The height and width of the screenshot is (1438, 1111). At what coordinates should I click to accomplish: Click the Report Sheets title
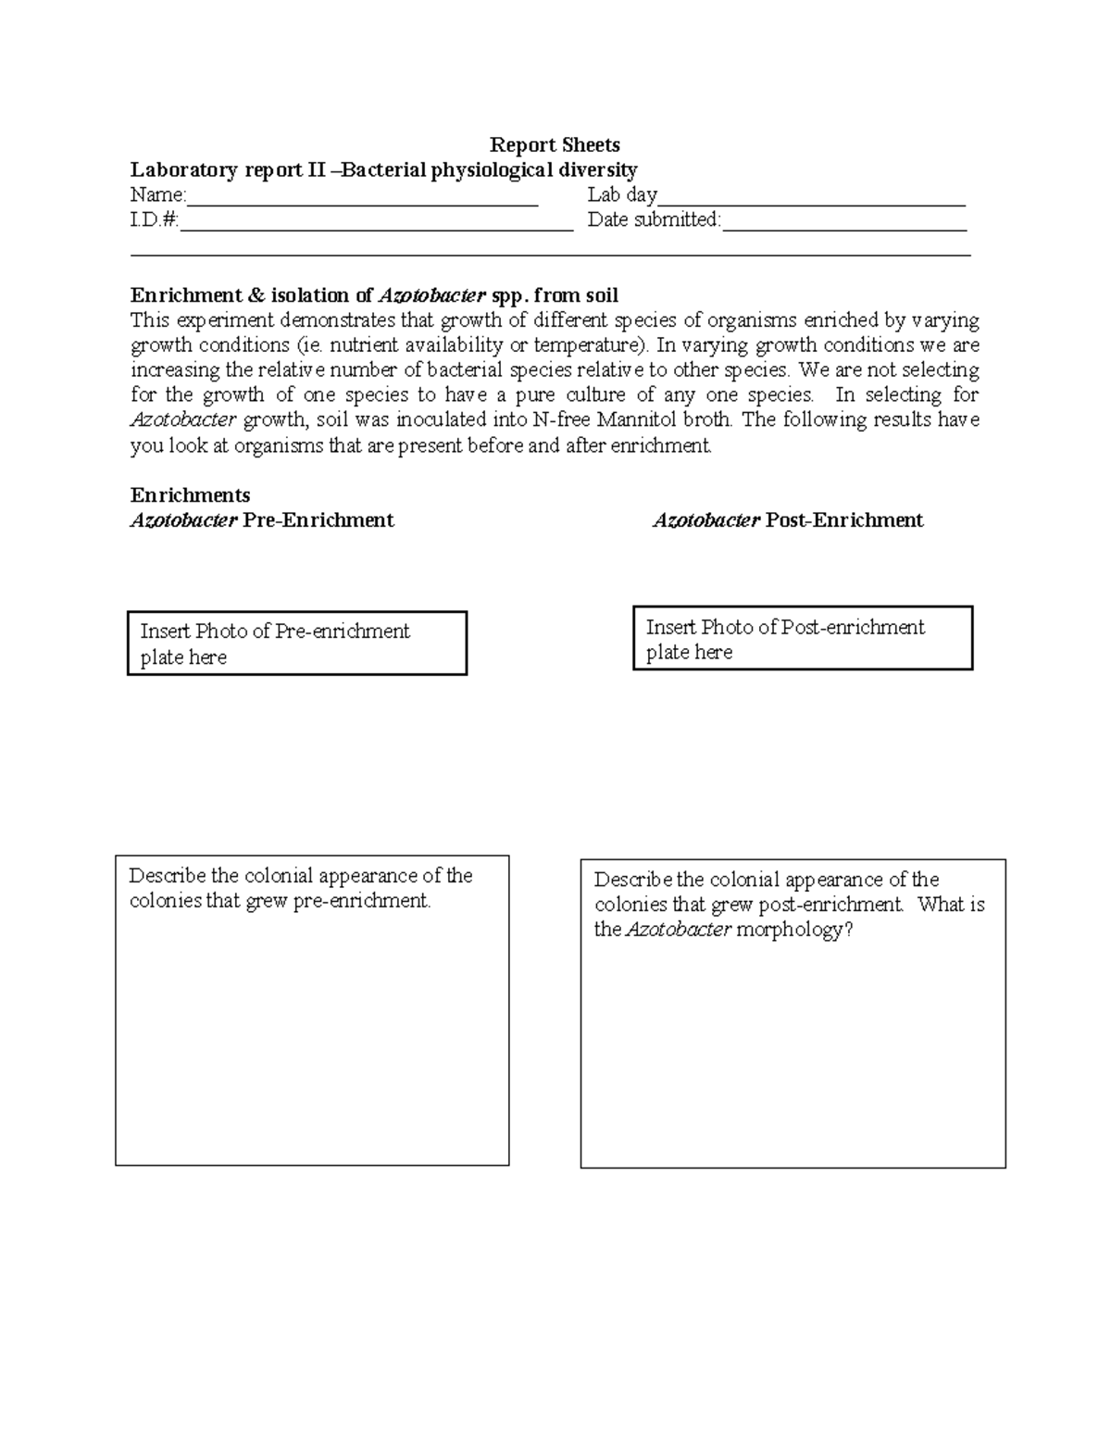point(555,144)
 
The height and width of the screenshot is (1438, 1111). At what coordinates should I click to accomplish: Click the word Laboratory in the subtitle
point(183,170)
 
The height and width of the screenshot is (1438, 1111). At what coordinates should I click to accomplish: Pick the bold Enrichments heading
point(190,495)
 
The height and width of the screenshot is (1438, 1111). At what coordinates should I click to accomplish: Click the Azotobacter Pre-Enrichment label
point(262,520)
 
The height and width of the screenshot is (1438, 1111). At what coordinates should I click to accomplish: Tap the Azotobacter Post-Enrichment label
point(788,520)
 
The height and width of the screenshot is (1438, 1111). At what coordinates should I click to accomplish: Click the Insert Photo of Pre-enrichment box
point(296,644)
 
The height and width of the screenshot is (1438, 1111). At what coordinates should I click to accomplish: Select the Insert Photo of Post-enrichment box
point(803,639)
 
